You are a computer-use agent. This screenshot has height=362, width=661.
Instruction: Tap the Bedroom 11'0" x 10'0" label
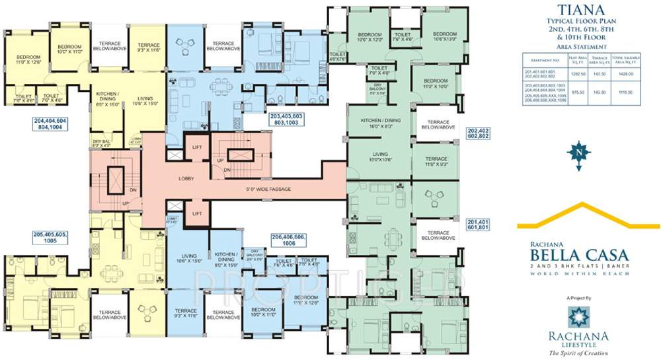436,83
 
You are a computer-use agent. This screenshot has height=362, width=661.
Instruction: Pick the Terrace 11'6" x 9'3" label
436,162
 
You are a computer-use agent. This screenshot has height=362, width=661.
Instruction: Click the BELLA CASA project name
573,255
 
